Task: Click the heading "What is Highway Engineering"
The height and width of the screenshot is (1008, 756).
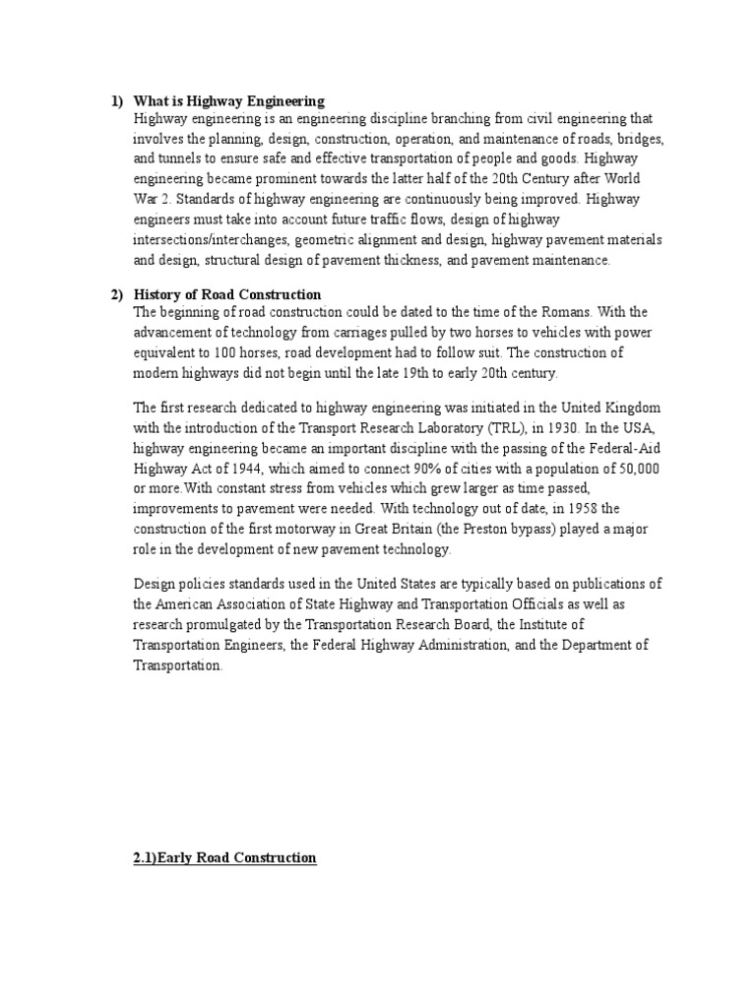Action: pos(229,101)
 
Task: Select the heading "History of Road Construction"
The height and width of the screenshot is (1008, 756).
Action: pos(227,294)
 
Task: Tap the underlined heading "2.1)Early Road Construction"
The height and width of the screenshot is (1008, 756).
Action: pos(224,858)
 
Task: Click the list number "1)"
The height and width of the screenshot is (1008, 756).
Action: pos(116,101)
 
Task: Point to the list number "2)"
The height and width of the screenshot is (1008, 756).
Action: pos(116,294)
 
